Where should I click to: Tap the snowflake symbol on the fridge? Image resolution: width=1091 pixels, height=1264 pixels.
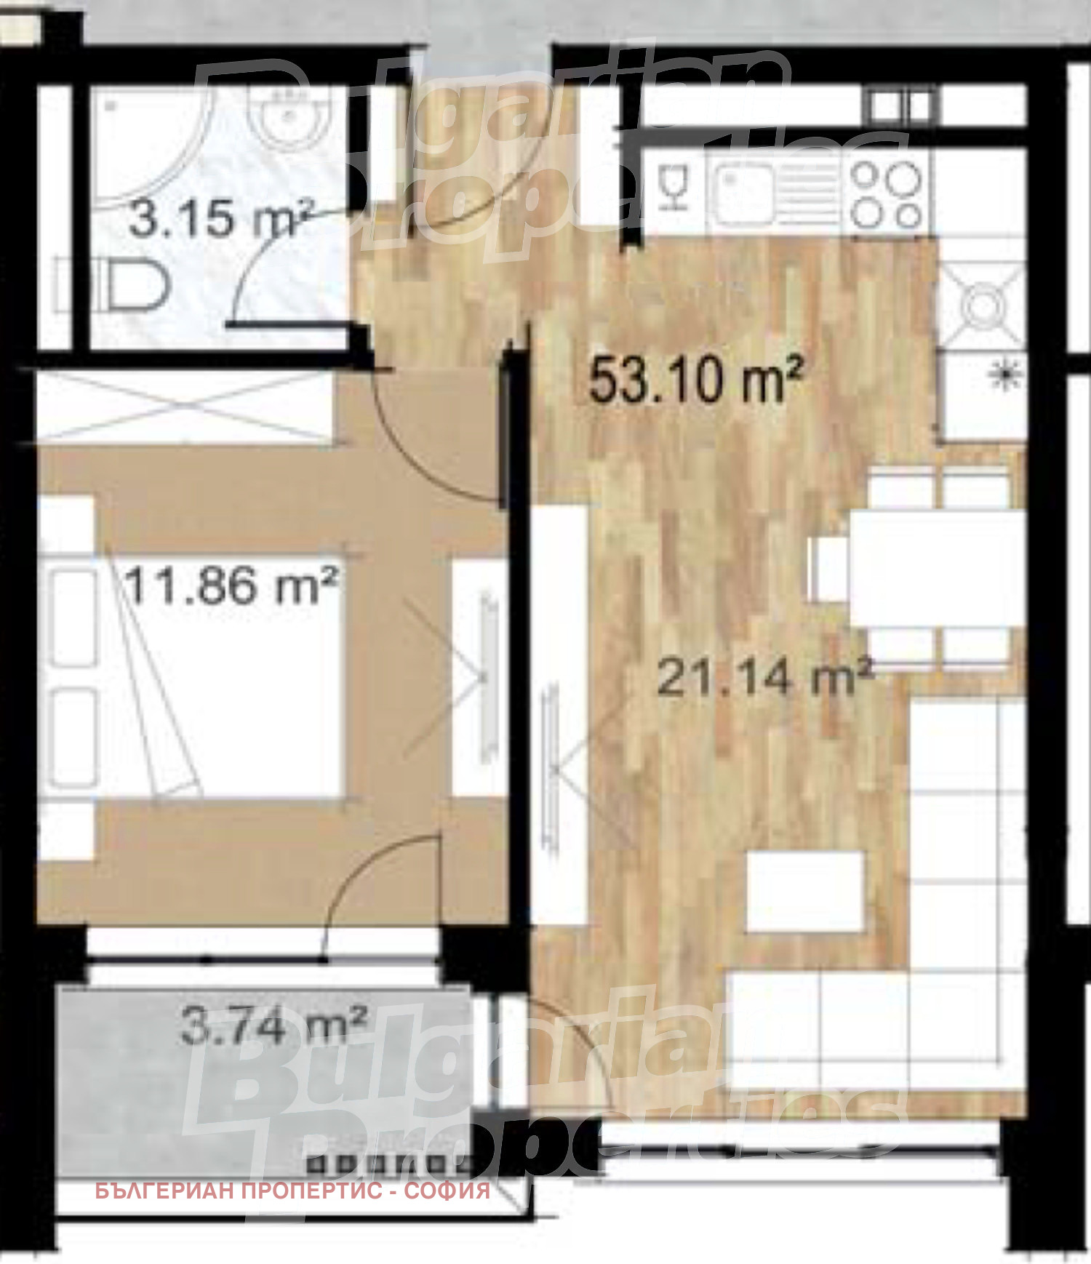coord(1008,375)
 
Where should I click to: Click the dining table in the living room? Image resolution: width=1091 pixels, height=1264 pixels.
coord(937,567)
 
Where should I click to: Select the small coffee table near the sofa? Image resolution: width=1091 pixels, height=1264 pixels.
coord(805,891)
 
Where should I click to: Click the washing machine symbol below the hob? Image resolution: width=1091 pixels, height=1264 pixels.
coord(983,304)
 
